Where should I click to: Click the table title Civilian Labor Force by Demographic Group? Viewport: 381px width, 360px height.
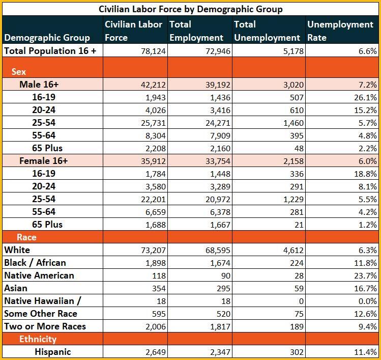point(190,9)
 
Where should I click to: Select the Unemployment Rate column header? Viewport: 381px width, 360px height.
point(340,31)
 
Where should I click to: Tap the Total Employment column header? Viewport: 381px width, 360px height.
point(196,31)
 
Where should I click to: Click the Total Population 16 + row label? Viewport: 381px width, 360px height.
point(50,51)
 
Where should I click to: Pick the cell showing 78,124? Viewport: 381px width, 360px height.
point(153,51)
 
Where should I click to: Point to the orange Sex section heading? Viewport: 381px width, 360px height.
point(19,71)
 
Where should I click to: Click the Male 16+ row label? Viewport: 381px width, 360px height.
point(39,85)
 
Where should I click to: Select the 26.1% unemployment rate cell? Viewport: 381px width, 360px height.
point(365,98)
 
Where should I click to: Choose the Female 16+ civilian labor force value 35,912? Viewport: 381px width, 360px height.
point(153,161)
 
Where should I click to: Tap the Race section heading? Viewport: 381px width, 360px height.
point(26,237)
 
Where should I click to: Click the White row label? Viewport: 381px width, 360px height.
point(17,250)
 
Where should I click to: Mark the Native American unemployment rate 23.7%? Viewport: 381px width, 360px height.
point(365,275)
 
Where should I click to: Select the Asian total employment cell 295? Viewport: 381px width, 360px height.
point(223,288)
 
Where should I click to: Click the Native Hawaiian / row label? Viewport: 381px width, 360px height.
point(43,301)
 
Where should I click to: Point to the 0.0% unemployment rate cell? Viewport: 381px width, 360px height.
point(368,301)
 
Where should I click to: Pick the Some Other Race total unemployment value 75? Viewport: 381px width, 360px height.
point(299,314)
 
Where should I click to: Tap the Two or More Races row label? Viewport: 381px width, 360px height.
point(45,326)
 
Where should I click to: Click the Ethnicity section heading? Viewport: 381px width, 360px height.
point(38,339)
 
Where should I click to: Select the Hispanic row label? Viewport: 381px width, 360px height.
point(53,352)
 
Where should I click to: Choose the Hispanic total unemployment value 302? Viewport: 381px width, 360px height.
point(297,352)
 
